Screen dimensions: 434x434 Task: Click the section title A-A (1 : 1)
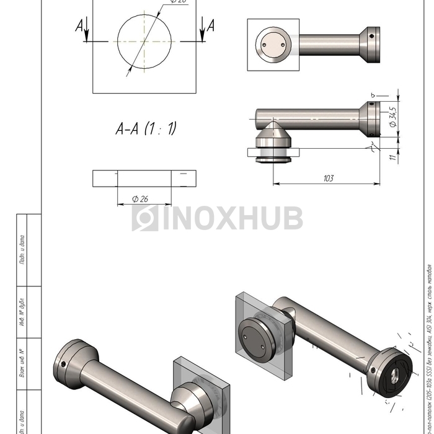[146, 129]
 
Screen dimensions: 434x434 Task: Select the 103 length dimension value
[328, 179]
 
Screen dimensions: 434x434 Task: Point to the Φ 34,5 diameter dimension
[392, 116]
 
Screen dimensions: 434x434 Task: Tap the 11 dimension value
[392, 157]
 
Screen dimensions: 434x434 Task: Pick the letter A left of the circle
[80, 25]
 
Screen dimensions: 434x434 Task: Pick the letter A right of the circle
[210, 25]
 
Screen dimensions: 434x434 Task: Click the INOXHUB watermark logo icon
[144, 218]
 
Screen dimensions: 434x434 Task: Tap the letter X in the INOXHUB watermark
[228, 218]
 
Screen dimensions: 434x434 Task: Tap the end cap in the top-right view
[371, 45]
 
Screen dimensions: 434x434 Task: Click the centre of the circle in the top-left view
[143, 42]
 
